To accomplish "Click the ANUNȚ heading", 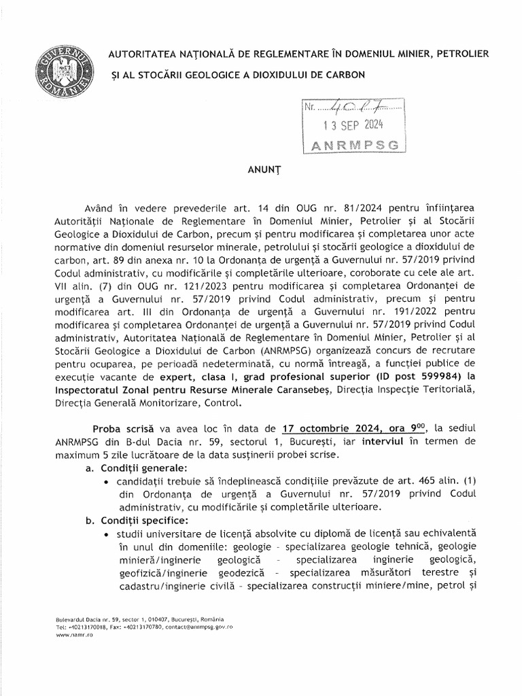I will (x=261, y=173).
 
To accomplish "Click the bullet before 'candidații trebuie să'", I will (x=109, y=481).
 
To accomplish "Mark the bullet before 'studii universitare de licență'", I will (x=109, y=534).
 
